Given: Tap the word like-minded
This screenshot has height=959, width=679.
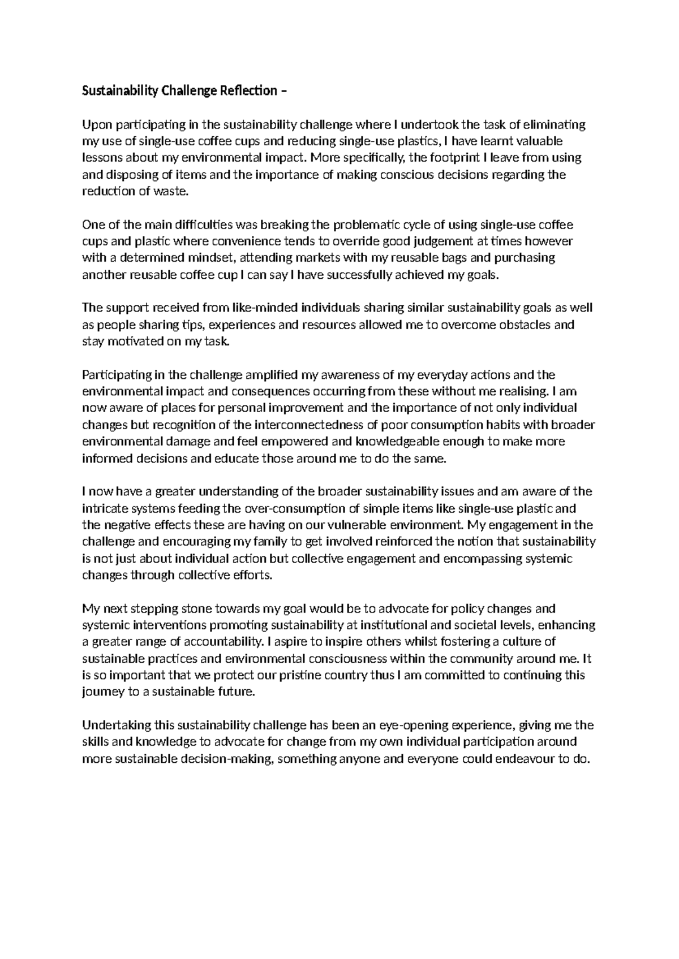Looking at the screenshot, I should [263, 308].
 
